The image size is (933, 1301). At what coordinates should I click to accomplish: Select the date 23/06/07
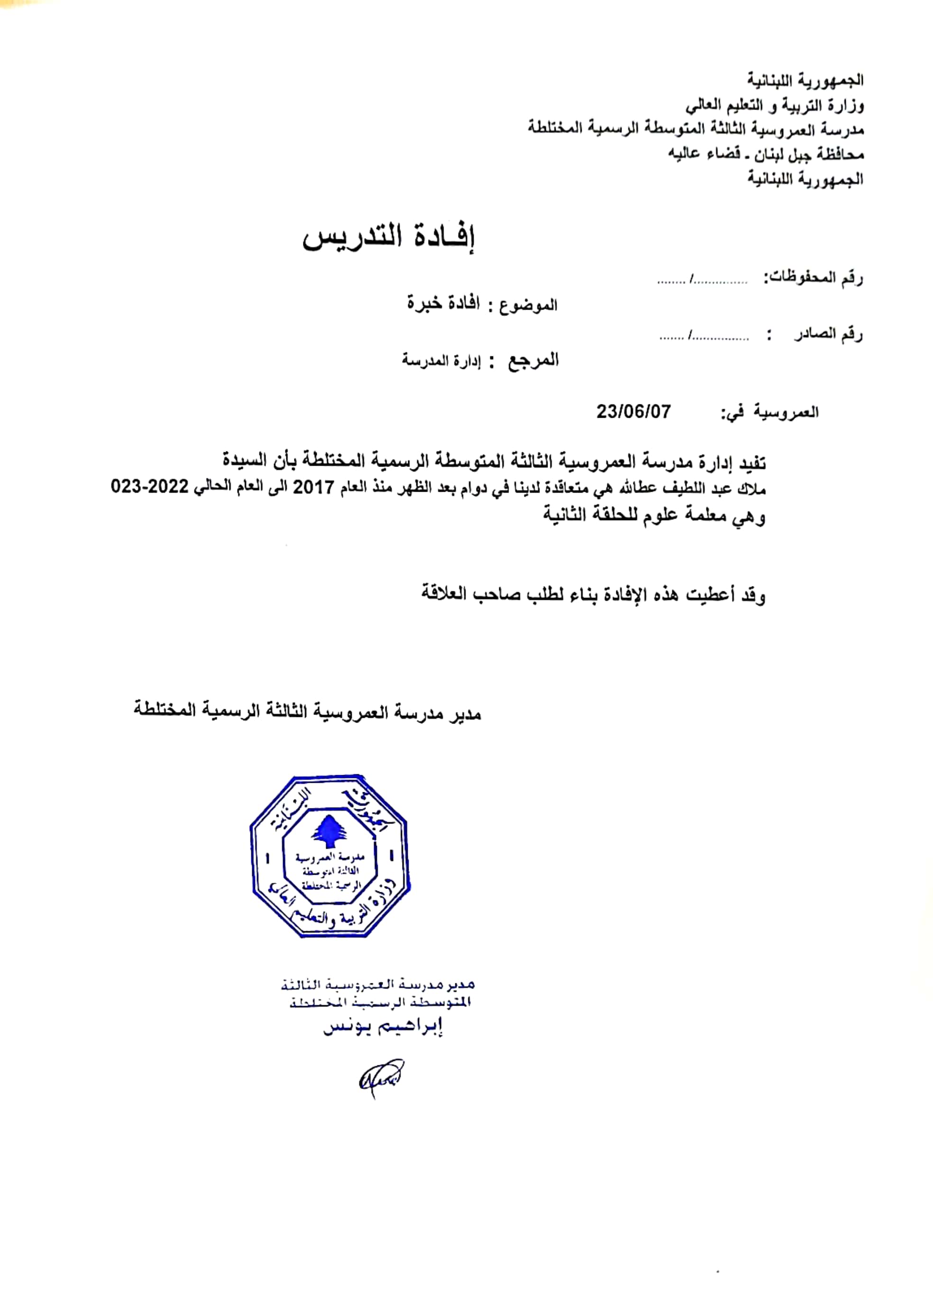pyautogui.click(x=633, y=411)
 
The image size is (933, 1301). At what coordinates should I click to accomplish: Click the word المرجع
pyautogui.click(x=533, y=361)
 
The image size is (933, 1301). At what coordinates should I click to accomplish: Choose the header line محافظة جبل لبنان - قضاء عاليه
pyautogui.click(x=766, y=154)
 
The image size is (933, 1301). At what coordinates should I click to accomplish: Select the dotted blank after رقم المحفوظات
pyautogui.click(x=703, y=281)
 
